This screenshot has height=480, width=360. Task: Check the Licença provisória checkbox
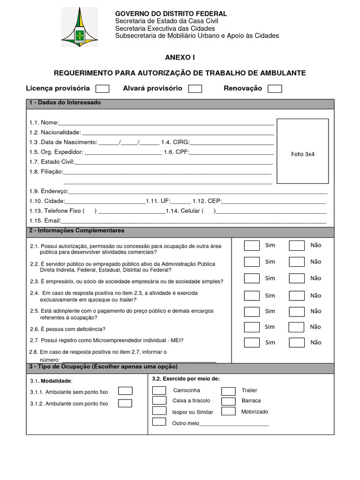click(102, 89)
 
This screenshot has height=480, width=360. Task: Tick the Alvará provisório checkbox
click(195, 89)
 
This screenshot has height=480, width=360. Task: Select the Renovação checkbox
click(275, 89)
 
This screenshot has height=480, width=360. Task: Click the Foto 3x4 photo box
click(302, 151)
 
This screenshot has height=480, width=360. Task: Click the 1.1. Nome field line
click(166, 123)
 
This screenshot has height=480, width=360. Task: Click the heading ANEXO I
click(180, 57)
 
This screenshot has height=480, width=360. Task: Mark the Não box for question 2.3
click(297, 278)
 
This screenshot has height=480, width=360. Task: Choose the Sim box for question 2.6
click(252, 327)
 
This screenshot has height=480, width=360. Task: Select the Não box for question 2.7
click(297, 343)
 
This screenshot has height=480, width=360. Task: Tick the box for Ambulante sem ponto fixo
click(125, 391)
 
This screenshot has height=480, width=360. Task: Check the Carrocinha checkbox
click(159, 390)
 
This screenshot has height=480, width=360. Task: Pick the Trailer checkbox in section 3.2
click(228, 391)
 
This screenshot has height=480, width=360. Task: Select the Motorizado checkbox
click(228, 412)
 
